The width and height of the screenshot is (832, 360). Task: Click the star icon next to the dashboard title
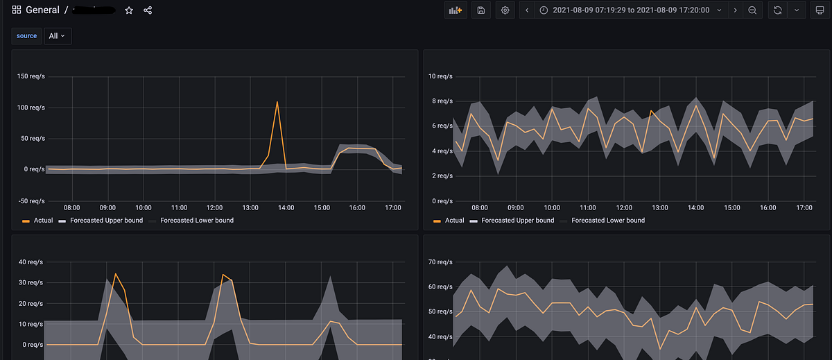(129, 10)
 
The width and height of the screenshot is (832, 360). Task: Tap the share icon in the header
(148, 10)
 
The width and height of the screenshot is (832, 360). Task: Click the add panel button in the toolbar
(455, 10)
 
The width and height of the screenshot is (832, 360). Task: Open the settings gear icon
(505, 10)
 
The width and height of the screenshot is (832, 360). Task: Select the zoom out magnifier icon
(752, 10)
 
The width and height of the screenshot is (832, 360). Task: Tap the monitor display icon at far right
(819, 10)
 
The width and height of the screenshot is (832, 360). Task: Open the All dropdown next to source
(58, 35)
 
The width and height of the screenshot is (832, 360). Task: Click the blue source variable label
(27, 35)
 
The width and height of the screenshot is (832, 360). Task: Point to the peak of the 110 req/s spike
(277, 102)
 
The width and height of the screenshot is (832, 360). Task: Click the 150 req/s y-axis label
(31, 76)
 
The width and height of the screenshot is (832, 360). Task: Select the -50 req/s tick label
(31, 201)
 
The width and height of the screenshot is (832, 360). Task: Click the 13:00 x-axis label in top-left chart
(251, 207)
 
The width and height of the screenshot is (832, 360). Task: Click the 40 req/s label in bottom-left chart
(31, 262)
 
